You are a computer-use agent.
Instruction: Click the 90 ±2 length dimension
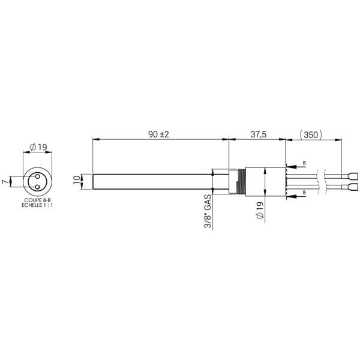[x=158, y=134]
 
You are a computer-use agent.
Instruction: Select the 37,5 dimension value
[x=258, y=134]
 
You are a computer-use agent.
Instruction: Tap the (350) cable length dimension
[x=311, y=135]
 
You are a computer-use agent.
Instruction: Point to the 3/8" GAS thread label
[x=208, y=211]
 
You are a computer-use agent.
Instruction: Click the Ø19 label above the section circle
[x=38, y=147]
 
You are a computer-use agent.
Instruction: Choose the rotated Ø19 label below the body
[x=260, y=211]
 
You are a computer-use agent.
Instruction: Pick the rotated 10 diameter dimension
[x=77, y=180]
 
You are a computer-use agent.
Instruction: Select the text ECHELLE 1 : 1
[x=37, y=205]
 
